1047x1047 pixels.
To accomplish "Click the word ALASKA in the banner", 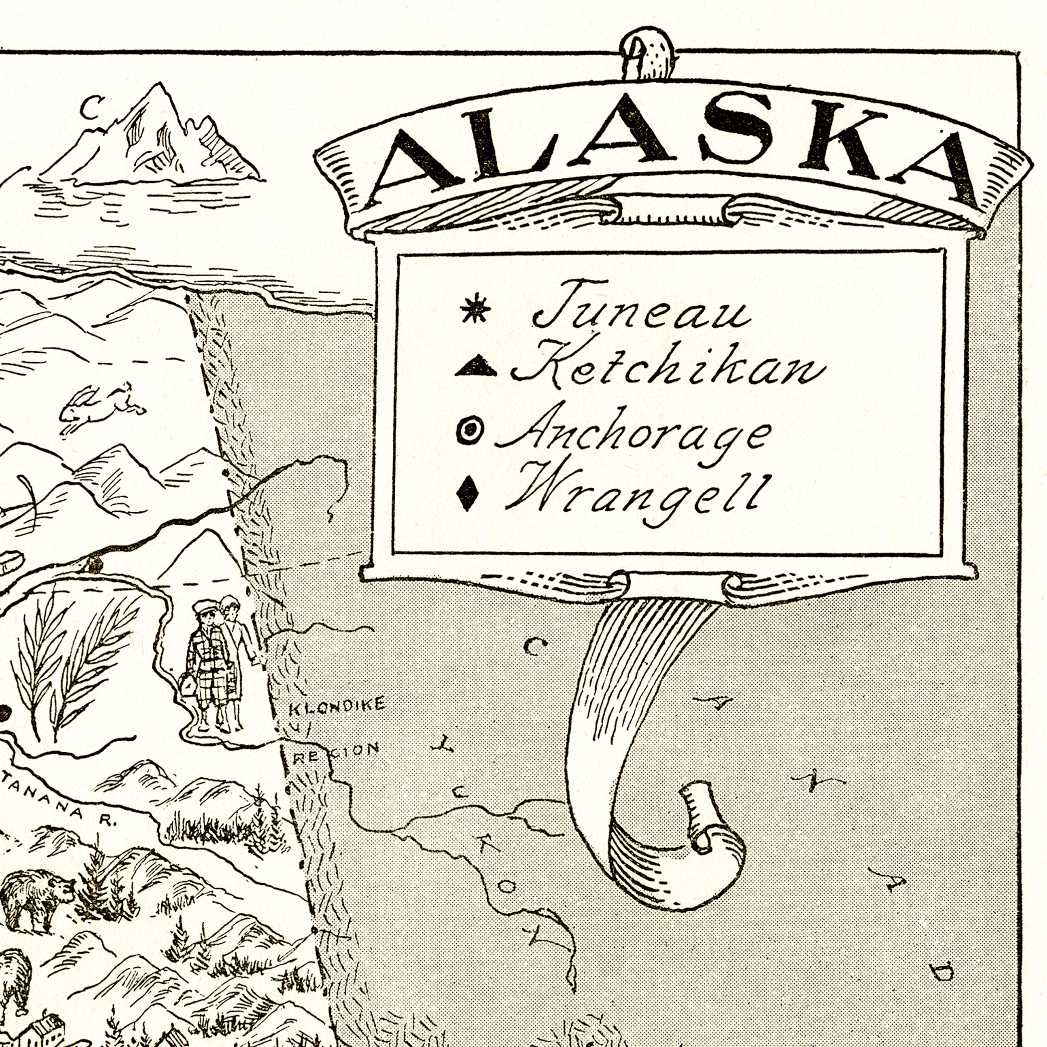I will [672, 149].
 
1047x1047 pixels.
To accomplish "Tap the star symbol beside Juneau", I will [475, 308].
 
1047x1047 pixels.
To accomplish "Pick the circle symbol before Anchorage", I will [470, 430].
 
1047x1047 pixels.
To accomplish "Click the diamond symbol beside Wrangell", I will [467, 492].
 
